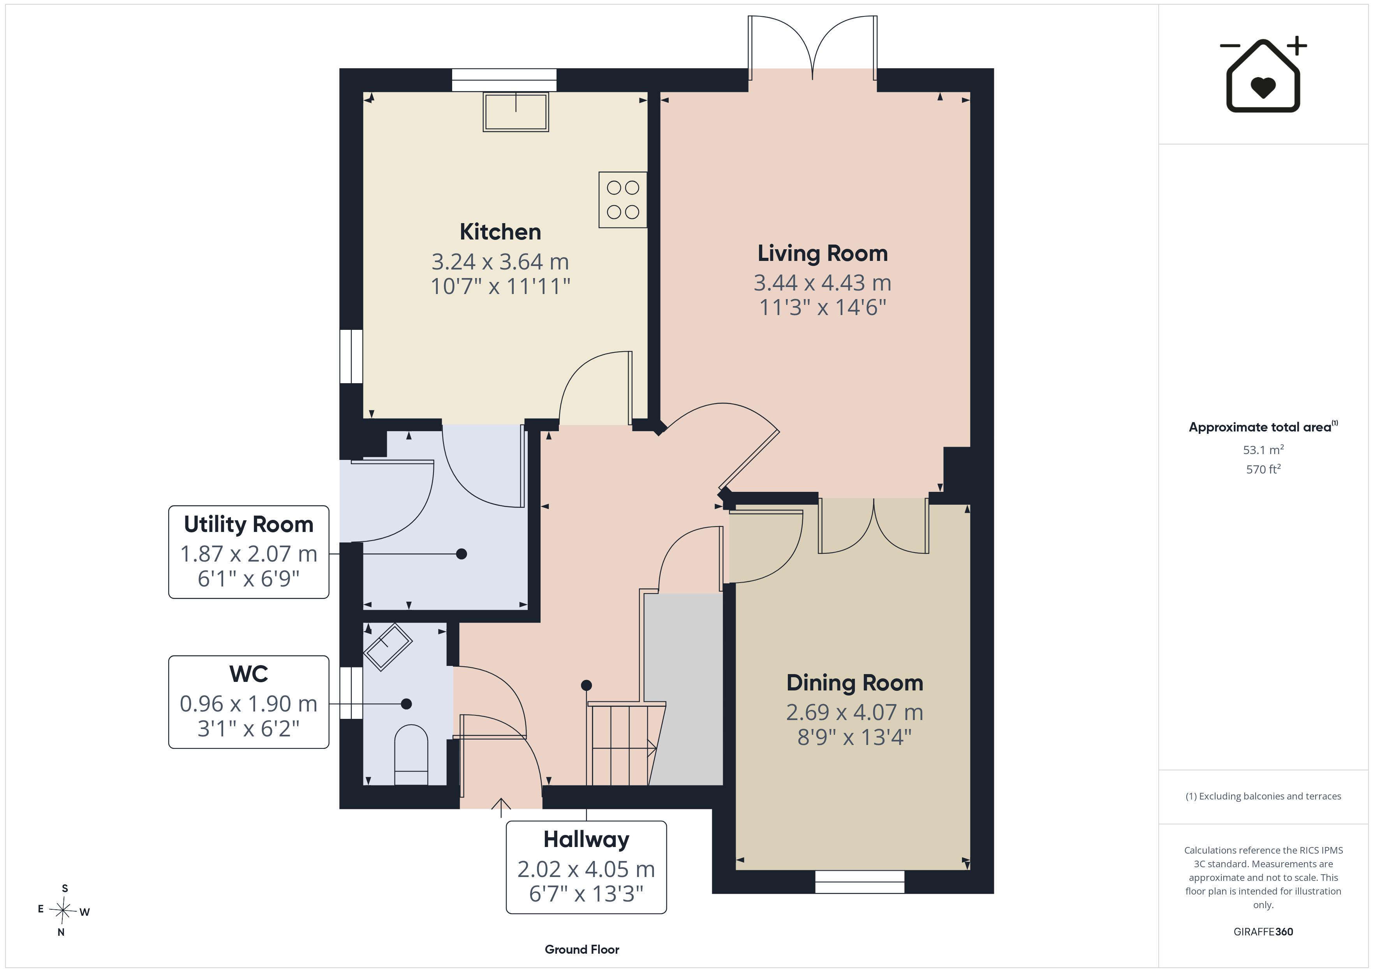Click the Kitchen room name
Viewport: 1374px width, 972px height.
tap(500, 232)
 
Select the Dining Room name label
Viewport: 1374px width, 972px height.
tap(854, 683)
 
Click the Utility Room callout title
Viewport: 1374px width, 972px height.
tap(248, 524)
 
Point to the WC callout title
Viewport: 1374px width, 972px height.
tap(248, 674)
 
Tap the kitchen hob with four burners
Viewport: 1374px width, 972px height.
tap(622, 200)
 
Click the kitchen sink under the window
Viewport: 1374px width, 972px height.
tap(516, 112)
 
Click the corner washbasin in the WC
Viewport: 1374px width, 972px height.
tap(388, 646)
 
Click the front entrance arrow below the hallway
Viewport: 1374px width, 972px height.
tap(501, 807)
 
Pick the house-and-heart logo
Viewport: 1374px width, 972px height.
tap(1263, 74)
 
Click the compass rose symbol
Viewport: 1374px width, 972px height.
tap(63, 910)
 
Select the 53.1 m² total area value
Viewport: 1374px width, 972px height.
tap(1263, 449)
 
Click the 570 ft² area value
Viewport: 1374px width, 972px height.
tap(1263, 469)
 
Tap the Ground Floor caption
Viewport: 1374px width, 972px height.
tap(582, 949)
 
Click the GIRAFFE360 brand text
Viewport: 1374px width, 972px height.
tap(1263, 932)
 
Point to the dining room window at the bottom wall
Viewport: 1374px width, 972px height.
tap(860, 882)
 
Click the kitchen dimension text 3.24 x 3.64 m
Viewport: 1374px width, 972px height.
tap(500, 262)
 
